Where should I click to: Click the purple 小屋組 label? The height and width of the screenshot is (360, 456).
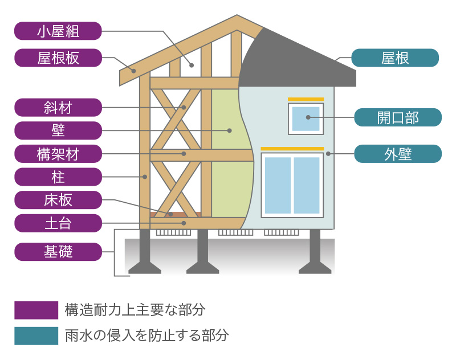(58, 31)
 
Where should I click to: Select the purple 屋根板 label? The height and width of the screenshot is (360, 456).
(58, 58)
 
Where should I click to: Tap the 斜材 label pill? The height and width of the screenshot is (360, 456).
(58, 108)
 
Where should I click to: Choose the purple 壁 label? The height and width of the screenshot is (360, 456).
(58, 130)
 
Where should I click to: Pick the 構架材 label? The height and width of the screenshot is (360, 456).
(58, 154)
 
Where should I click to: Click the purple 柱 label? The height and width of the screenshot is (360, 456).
(58, 177)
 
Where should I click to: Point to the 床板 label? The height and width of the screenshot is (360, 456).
(58, 200)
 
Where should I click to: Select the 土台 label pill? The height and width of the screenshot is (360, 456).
(58, 223)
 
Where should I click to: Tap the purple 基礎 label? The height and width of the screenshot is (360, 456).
(58, 252)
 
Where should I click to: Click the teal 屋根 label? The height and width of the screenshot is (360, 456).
(395, 58)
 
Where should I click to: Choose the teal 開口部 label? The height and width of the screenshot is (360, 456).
(398, 117)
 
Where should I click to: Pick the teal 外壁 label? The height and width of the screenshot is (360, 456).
(398, 154)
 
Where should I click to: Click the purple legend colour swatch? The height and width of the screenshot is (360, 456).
(36, 310)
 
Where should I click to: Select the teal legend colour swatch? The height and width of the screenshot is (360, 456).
(36, 336)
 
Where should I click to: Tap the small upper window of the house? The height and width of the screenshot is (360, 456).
(306, 119)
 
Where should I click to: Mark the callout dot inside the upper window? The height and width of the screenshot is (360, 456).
(308, 117)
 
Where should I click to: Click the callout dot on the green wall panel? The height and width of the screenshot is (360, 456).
(230, 131)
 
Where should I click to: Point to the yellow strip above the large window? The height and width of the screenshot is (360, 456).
(292, 149)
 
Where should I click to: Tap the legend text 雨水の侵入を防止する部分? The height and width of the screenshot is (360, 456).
(147, 336)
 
